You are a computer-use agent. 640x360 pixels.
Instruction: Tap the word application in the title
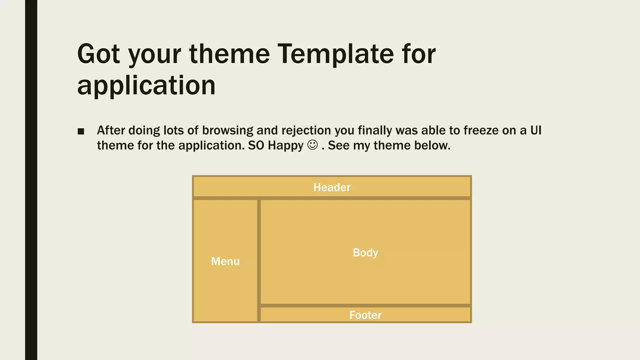point(146,86)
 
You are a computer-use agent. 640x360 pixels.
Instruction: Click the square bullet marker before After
point(81,131)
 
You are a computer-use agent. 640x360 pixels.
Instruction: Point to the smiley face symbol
point(312,145)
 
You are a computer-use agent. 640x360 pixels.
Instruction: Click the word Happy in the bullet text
point(286,146)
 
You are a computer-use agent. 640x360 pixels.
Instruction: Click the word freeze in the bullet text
point(481,130)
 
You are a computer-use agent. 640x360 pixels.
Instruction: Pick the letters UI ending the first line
point(536,130)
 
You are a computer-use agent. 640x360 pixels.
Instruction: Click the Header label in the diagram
point(332,187)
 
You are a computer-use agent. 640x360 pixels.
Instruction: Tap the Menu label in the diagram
point(225,261)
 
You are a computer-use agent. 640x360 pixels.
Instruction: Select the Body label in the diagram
point(365,252)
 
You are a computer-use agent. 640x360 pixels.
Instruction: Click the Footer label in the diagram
point(365,315)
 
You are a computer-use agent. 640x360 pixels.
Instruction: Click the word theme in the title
point(229,54)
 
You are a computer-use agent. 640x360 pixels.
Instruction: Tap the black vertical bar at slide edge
point(31,180)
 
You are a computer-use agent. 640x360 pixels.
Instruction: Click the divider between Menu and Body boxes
point(259,259)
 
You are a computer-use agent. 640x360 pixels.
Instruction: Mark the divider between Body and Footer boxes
point(365,306)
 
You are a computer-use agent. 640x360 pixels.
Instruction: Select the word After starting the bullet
point(111,130)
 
